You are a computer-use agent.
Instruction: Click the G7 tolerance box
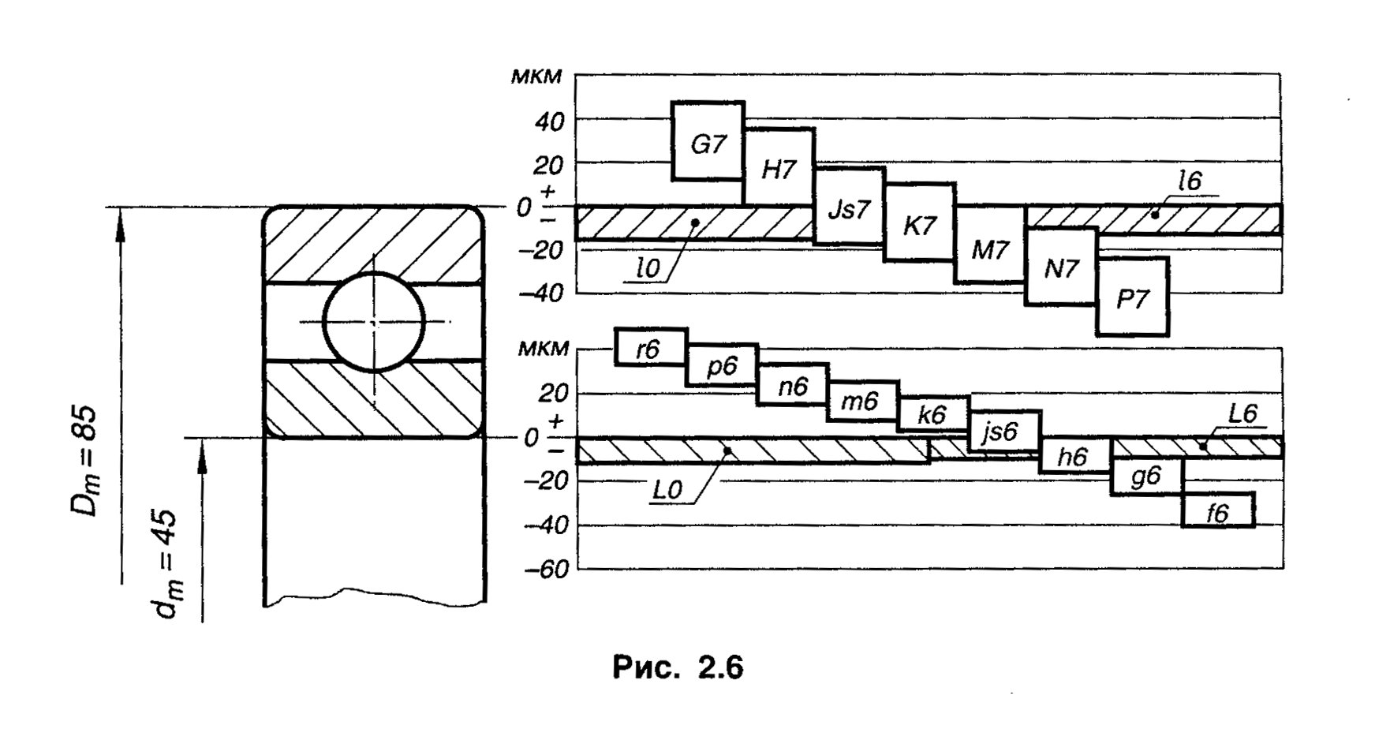(x=708, y=141)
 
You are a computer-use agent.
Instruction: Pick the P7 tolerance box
(x=1133, y=296)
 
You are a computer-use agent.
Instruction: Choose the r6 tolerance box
(x=651, y=346)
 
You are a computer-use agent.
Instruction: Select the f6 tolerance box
(x=1218, y=510)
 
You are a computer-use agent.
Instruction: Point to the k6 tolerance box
(x=933, y=414)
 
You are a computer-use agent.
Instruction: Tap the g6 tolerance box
(x=1146, y=477)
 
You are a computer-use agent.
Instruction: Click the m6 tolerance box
(x=862, y=402)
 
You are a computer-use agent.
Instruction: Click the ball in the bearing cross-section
(x=373, y=321)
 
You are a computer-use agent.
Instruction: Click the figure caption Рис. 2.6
(x=678, y=667)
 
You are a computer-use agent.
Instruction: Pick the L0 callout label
(x=667, y=491)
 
